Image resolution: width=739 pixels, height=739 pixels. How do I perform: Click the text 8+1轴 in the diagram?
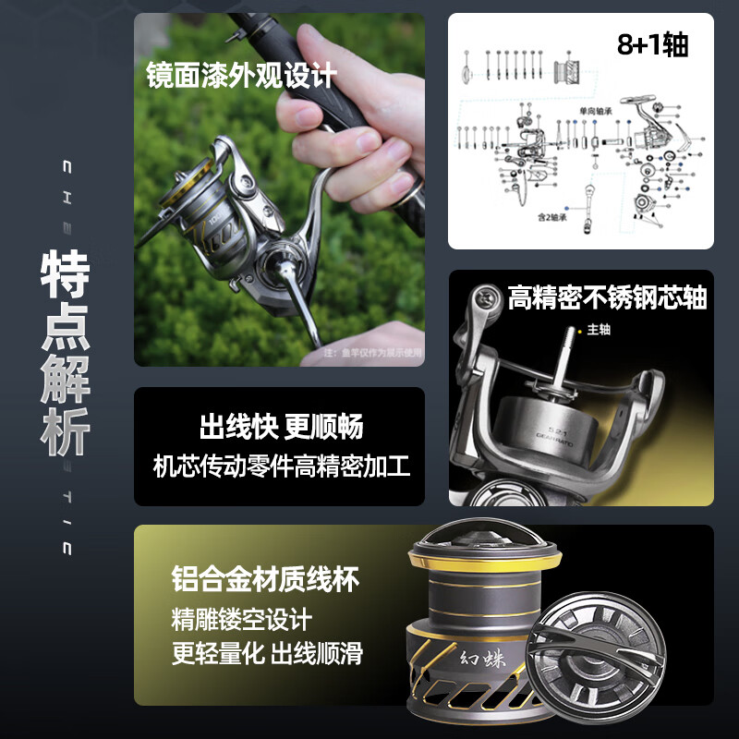point(652,45)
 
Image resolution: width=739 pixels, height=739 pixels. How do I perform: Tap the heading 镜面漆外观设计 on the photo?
point(241,76)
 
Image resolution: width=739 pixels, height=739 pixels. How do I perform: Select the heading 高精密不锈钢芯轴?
point(607,297)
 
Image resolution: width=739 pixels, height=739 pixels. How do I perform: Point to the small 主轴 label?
point(599,329)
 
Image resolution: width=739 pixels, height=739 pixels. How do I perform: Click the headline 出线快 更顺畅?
point(281,427)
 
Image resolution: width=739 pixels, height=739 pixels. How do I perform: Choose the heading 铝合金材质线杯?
point(265,580)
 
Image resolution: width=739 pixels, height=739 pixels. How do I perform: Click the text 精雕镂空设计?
point(242,618)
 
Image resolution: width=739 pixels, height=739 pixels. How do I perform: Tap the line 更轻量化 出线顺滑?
point(267,654)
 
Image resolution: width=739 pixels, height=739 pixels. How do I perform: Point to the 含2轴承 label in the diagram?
point(551,219)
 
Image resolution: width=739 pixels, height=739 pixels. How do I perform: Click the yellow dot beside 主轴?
point(580,329)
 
